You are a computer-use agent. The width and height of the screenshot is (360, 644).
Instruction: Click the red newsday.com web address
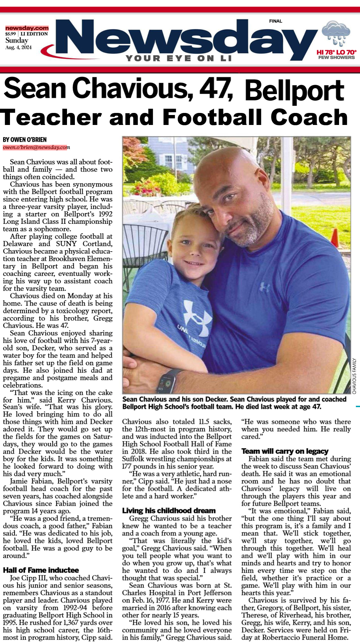point(27,28)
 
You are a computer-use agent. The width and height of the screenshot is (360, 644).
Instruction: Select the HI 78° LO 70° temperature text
point(336,52)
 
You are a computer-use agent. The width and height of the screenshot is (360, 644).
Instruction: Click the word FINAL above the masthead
point(275,21)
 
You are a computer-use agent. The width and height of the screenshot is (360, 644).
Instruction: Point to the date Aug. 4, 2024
point(18,48)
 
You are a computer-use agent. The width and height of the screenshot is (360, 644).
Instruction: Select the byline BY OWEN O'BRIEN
point(25,140)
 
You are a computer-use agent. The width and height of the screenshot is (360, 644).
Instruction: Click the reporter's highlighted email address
point(36,147)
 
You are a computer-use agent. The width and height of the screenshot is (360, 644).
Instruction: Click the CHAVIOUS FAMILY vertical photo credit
point(354,376)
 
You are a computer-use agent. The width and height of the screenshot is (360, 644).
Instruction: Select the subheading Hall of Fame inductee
point(41,570)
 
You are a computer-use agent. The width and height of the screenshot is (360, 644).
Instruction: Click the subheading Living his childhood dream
point(169,510)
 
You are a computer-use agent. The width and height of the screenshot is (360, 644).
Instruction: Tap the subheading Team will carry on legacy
point(285,451)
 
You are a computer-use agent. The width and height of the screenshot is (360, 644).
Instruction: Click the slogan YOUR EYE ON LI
point(179,58)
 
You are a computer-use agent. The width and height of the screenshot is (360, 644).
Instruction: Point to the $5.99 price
point(10,34)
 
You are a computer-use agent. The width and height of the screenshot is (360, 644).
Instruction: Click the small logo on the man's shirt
point(264,287)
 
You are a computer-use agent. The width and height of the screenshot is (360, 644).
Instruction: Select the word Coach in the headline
point(309,117)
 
